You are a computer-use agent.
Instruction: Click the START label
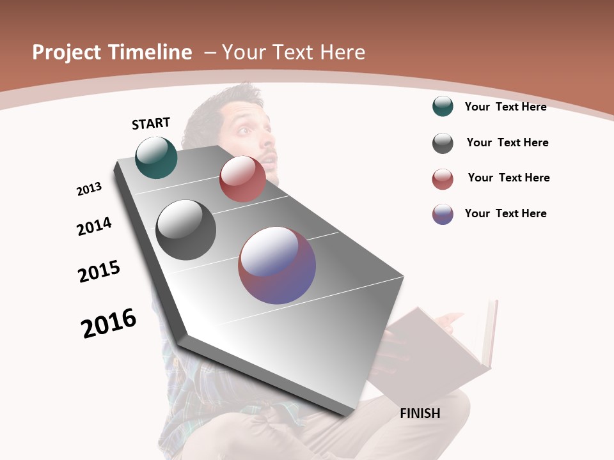tap(151, 123)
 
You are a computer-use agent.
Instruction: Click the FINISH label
tap(420, 413)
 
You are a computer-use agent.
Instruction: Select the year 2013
tap(89, 189)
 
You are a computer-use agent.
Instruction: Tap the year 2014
tap(94, 227)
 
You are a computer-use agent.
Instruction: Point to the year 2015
tap(99, 272)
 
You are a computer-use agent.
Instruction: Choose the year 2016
tap(109, 323)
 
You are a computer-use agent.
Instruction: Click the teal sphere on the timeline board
tap(156, 157)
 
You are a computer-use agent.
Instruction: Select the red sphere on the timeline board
tap(242, 179)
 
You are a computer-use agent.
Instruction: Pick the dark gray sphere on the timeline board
tap(185, 230)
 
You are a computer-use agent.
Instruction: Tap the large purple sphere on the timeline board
tap(277, 265)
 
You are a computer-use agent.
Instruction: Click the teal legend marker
tap(443, 107)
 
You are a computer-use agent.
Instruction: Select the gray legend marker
tap(443, 143)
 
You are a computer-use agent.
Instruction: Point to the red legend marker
tap(443, 179)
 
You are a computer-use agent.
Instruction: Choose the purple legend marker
tap(443, 214)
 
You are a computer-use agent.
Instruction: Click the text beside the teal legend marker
tap(505, 107)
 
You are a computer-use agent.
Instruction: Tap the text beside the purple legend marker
tap(505, 213)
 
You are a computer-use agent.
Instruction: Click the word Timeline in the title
tap(150, 52)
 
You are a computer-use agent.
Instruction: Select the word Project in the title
tap(67, 52)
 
